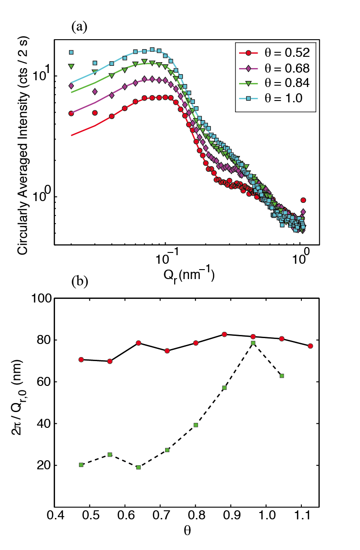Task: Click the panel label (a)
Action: [78, 27]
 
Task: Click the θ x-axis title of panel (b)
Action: [186, 531]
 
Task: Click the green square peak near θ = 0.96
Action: [254, 344]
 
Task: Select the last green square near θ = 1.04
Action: [282, 376]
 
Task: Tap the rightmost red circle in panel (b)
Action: [310, 346]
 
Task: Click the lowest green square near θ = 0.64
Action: [138, 467]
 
